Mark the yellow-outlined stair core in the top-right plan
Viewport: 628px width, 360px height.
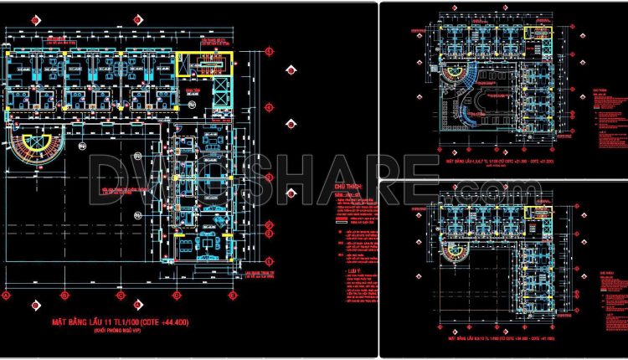tap(534, 33)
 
